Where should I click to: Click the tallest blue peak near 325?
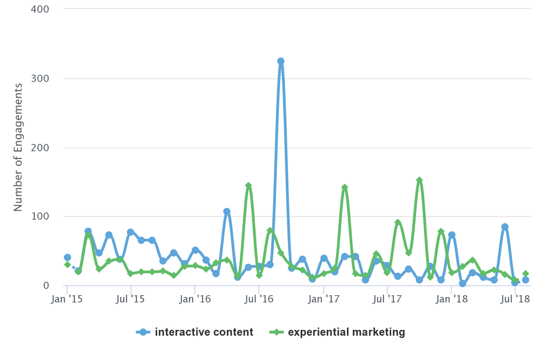281,61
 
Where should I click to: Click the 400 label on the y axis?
40,9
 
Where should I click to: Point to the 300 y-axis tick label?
40,79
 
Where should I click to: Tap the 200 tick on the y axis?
40,148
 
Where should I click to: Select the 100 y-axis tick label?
40,217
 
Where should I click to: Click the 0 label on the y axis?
46,286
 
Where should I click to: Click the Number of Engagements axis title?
18,148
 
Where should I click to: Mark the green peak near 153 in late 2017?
419,180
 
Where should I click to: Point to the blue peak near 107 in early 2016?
227,211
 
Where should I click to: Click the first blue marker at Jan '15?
67,257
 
